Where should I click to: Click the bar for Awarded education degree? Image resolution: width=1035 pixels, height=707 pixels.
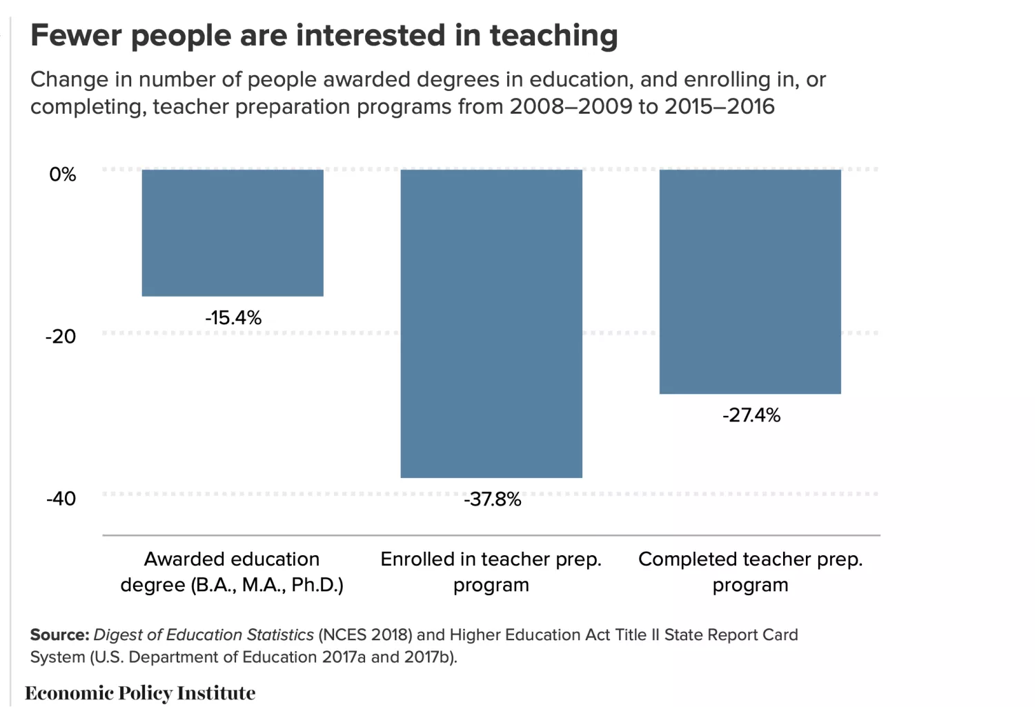tap(233, 232)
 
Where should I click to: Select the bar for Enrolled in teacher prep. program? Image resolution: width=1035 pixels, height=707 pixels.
tap(491, 323)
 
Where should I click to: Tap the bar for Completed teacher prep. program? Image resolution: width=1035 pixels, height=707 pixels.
tap(750, 281)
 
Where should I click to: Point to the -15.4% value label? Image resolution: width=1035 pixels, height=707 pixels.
tap(233, 318)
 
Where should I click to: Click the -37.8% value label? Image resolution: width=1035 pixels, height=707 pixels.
tap(492, 499)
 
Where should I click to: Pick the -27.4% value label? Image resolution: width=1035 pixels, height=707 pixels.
tap(751, 415)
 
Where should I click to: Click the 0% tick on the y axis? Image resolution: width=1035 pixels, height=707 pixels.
tap(62, 175)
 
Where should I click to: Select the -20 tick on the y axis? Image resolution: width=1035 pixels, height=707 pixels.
tap(61, 337)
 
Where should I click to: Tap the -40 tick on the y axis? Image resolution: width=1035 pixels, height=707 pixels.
tap(61, 499)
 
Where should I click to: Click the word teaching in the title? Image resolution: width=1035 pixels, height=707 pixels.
tap(553, 36)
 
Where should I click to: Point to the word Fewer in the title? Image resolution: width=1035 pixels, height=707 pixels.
tap(76, 36)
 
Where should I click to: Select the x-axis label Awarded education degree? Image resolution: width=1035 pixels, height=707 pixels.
tap(232, 572)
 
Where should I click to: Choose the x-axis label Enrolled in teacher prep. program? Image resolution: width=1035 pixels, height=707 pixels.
tap(491, 572)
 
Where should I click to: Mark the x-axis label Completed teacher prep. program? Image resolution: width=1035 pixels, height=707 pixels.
tap(750, 572)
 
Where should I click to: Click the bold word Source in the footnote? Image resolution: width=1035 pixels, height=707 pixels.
tap(59, 635)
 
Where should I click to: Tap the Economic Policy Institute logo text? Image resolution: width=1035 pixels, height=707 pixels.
tap(140, 693)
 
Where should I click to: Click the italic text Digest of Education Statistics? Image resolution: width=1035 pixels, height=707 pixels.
tap(204, 635)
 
